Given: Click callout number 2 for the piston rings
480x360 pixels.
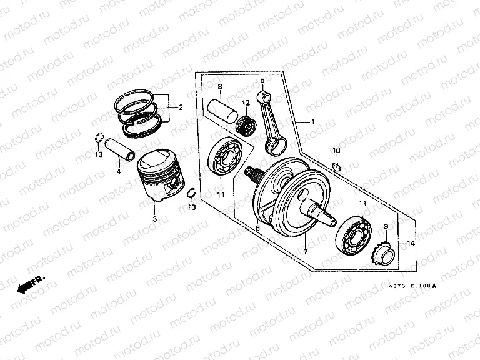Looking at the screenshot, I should pos(181,107).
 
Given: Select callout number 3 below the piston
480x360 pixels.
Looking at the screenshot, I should pos(154,219).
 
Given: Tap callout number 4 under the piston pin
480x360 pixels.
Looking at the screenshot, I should pos(118,170).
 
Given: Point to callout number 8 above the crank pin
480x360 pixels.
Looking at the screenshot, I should pos(219,86).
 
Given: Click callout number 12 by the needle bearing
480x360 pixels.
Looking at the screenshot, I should pos(246,102).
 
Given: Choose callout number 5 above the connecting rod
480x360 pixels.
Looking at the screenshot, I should pos(262,80).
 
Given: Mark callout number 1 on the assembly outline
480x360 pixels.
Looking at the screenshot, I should pos(313,121).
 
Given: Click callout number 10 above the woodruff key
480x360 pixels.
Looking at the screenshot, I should pos(336,151).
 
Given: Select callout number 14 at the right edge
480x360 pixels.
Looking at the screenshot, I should pos(411,244).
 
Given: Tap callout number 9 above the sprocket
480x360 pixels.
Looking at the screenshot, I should pos(386,227).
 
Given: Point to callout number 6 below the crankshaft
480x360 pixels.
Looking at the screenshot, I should pos(257,228).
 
